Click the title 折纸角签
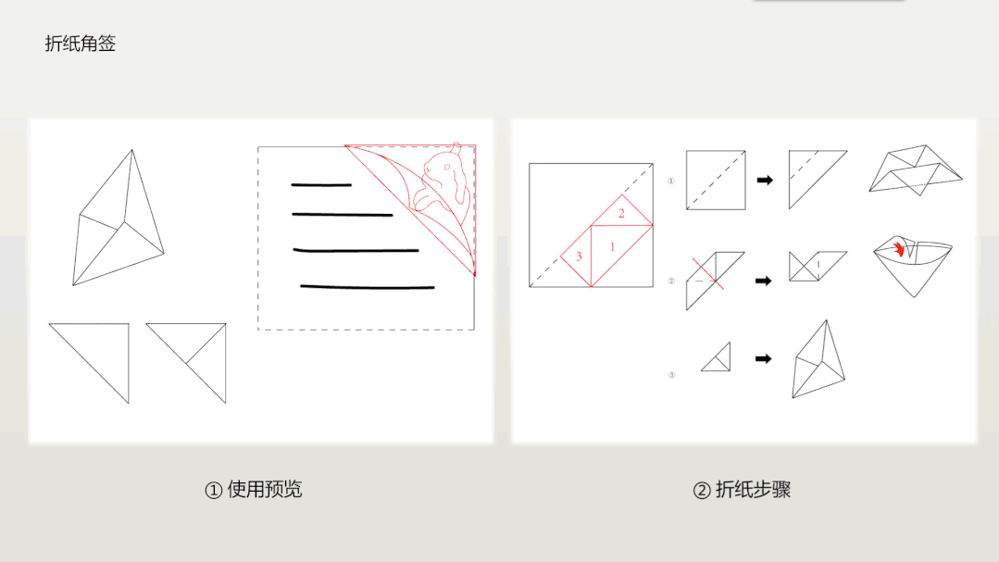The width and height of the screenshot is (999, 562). (81, 44)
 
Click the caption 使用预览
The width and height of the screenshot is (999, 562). (254, 490)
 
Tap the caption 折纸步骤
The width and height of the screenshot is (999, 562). (742, 490)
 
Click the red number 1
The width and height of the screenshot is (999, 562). (612, 246)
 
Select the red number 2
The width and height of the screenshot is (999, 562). (621, 214)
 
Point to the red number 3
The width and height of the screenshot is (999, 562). (579, 256)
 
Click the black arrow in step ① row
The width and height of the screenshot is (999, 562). (765, 181)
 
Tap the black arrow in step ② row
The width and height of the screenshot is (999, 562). (765, 280)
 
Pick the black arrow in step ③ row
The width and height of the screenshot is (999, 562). (764, 358)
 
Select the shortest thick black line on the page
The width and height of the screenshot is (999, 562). (321, 185)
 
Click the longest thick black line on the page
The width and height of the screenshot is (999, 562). (368, 287)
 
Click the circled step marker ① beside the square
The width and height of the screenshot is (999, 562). (672, 181)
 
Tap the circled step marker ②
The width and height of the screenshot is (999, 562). (672, 281)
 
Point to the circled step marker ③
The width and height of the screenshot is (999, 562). (672, 375)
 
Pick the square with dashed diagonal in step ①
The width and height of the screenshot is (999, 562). (716, 180)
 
